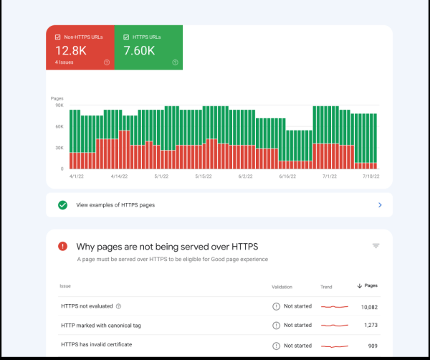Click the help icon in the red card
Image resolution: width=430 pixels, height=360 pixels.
pyautogui.click(x=107, y=62)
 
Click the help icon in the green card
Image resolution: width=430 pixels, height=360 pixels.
pyautogui.click(x=175, y=62)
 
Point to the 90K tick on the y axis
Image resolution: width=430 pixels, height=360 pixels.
pyautogui.click(x=59, y=105)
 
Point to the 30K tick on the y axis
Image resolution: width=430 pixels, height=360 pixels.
pyautogui.click(x=59, y=148)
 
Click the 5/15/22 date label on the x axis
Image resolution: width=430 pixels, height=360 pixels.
pyautogui.click(x=204, y=176)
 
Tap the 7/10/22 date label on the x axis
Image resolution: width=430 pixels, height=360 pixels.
pyautogui.click(x=371, y=176)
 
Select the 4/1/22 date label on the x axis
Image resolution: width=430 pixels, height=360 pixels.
pyautogui.click(x=77, y=176)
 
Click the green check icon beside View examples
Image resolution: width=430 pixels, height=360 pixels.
pyautogui.click(x=63, y=205)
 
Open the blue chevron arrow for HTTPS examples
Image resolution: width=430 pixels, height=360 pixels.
pyautogui.click(x=380, y=205)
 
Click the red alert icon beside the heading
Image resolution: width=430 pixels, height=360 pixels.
pyautogui.click(x=63, y=246)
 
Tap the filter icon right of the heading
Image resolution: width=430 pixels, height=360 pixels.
pyautogui.click(x=376, y=246)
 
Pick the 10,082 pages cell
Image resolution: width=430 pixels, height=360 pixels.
pyautogui.click(x=368, y=306)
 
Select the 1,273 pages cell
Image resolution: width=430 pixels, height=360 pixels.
pyautogui.click(x=371, y=325)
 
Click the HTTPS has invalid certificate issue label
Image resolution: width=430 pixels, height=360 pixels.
pyautogui.click(x=96, y=344)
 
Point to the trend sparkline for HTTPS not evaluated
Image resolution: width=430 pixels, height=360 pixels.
pyautogui.click(x=334, y=306)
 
